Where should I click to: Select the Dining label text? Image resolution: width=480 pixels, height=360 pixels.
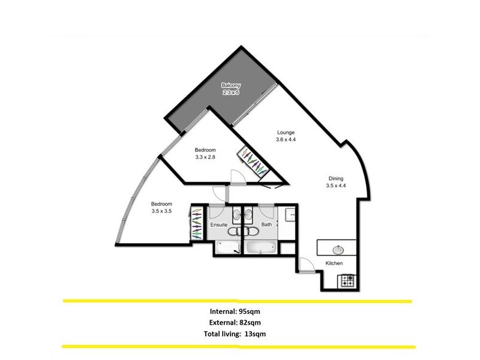click(x=336, y=178)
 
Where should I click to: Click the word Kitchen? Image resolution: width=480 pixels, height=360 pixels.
click(x=334, y=264)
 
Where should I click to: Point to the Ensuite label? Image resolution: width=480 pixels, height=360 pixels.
click(x=219, y=225)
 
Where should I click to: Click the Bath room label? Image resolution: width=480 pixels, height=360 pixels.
click(x=266, y=225)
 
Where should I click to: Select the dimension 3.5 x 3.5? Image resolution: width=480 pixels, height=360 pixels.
click(x=162, y=211)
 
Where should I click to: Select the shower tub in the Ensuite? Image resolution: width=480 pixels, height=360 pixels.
click(x=226, y=247)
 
